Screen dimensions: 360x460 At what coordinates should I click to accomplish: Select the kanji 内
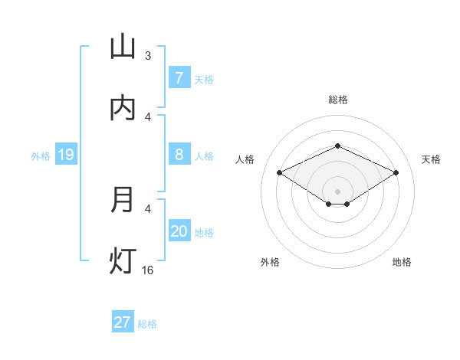[123, 108]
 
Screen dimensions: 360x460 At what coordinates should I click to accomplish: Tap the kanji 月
[123, 200]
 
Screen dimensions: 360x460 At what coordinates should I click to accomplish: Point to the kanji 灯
[123, 261]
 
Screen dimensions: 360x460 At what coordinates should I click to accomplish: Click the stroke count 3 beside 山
[148, 56]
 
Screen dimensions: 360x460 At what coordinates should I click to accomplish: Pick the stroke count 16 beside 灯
[148, 270]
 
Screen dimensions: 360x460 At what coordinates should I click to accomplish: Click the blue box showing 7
[179, 78]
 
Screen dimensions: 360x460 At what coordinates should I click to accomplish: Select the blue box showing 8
[179, 155]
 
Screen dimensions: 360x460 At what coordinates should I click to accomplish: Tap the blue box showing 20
[179, 231]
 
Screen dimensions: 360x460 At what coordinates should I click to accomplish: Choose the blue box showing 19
[65, 155]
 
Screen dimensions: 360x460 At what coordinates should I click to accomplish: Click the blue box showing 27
[123, 322]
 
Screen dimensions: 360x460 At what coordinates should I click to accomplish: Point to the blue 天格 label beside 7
[204, 79]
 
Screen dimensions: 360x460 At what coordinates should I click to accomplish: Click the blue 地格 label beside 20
[204, 232]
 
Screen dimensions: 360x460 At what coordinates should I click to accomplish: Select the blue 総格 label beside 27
[147, 323]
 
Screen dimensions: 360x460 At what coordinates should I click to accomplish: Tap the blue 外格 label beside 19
[41, 156]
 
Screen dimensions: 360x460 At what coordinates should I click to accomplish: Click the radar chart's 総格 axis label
[337, 100]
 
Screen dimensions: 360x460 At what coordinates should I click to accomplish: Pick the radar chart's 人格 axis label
[245, 159]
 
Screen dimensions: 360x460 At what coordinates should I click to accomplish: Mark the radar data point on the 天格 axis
[396, 172]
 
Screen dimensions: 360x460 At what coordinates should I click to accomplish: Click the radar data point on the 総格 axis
[337, 146]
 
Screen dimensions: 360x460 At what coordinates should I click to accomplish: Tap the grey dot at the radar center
[337, 191]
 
